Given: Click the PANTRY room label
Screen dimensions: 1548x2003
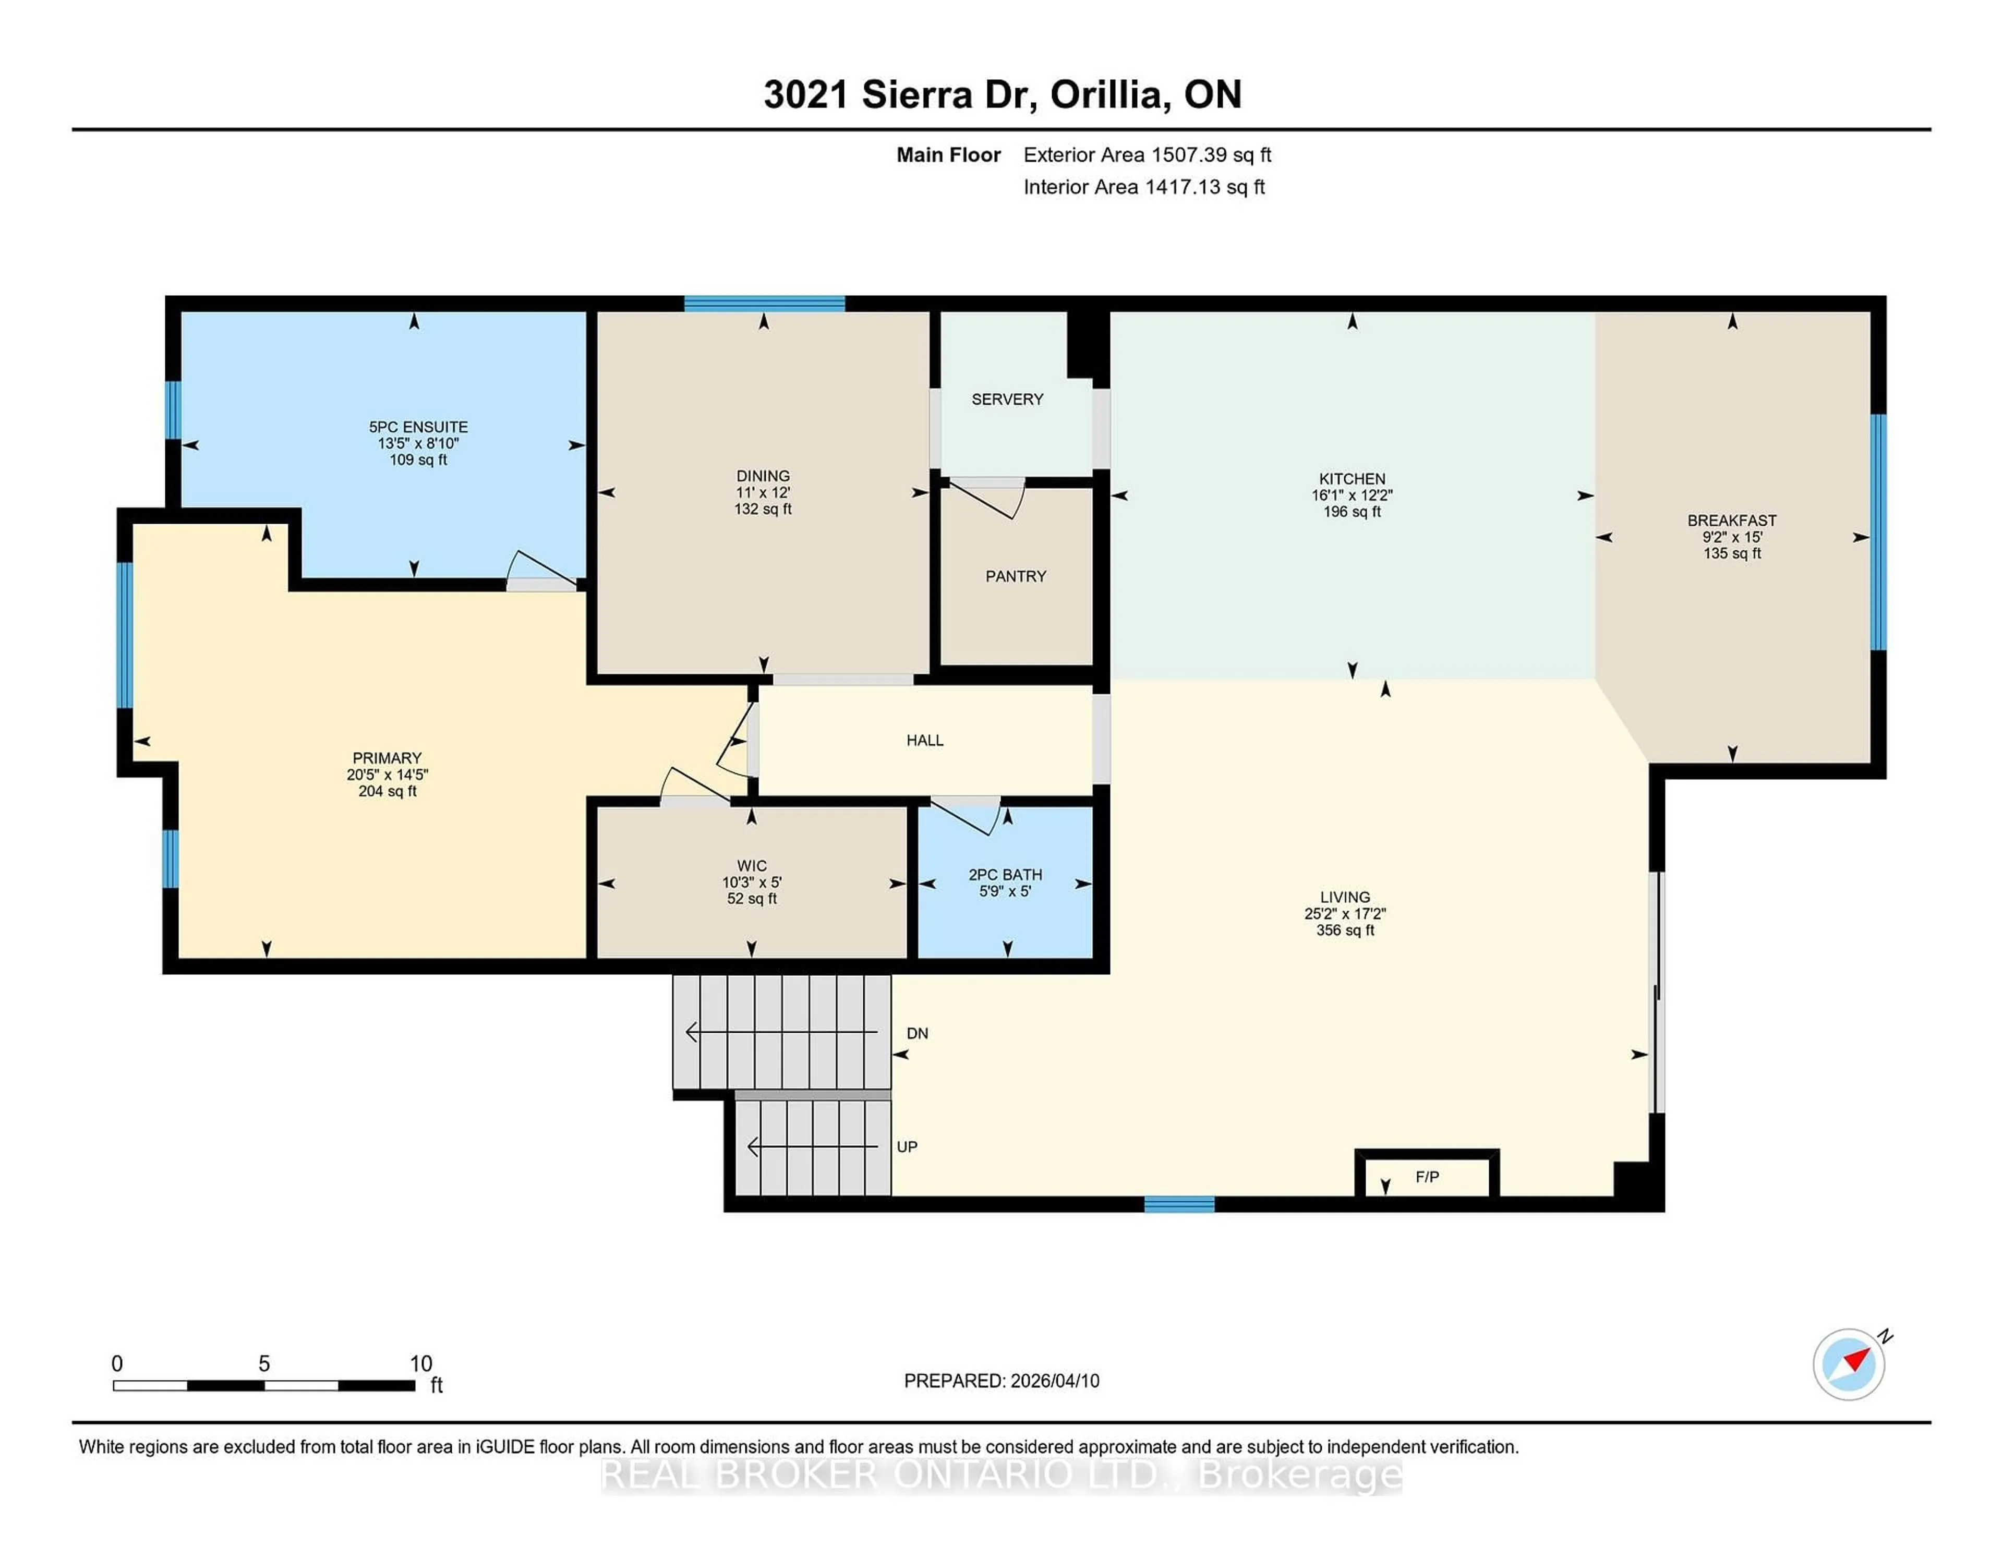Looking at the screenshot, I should click(x=1015, y=576).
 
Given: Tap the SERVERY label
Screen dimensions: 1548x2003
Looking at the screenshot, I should click(x=1007, y=399).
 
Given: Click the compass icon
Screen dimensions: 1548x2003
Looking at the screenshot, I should click(x=1848, y=1364).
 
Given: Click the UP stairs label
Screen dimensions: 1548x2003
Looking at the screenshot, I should click(x=907, y=1146).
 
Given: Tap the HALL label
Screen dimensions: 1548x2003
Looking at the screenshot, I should click(x=924, y=740).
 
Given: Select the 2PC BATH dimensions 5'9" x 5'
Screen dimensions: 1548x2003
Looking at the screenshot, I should click(x=1005, y=890).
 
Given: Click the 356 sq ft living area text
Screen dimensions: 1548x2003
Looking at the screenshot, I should click(x=1345, y=930).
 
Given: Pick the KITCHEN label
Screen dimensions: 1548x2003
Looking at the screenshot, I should click(x=1352, y=479).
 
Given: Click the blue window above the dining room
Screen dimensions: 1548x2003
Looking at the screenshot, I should click(x=764, y=304).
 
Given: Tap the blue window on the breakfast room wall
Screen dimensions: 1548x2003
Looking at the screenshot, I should click(x=1877, y=532).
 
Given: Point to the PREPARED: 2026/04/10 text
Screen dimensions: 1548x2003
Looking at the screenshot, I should click(x=1001, y=1380).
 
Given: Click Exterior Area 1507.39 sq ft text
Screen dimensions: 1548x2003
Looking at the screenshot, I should click(x=1147, y=155).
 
